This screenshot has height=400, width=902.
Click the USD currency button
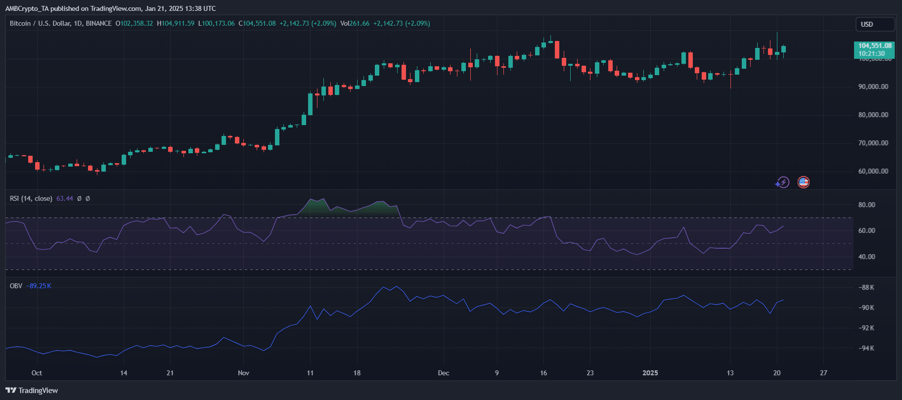pyautogui.click(x=874, y=24)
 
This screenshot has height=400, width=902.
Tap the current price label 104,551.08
pyautogui.click(x=874, y=46)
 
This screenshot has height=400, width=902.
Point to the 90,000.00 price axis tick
pyautogui.click(x=873, y=87)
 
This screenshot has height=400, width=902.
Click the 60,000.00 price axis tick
pyautogui.click(x=873, y=171)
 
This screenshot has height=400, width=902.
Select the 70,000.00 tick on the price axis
pyautogui.click(x=873, y=143)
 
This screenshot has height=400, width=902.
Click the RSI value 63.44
pyautogui.click(x=65, y=198)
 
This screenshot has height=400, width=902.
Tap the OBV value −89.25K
pyautogui.click(x=39, y=286)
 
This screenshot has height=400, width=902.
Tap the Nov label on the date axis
pyautogui.click(x=243, y=373)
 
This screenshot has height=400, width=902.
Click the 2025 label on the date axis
pyautogui.click(x=650, y=373)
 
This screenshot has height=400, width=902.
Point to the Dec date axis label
pyautogui.click(x=444, y=373)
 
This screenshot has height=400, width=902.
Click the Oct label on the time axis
pyautogui.click(x=37, y=373)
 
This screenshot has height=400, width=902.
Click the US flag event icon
pyautogui.click(x=804, y=182)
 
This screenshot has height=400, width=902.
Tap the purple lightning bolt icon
pyautogui.click(x=782, y=182)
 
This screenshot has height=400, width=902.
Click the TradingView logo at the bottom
pyautogui.click(x=32, y=391)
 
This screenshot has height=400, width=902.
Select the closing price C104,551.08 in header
pyautogui.click(x=257, y=23)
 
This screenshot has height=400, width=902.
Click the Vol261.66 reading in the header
pyautogui.click(x=355, y=23)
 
